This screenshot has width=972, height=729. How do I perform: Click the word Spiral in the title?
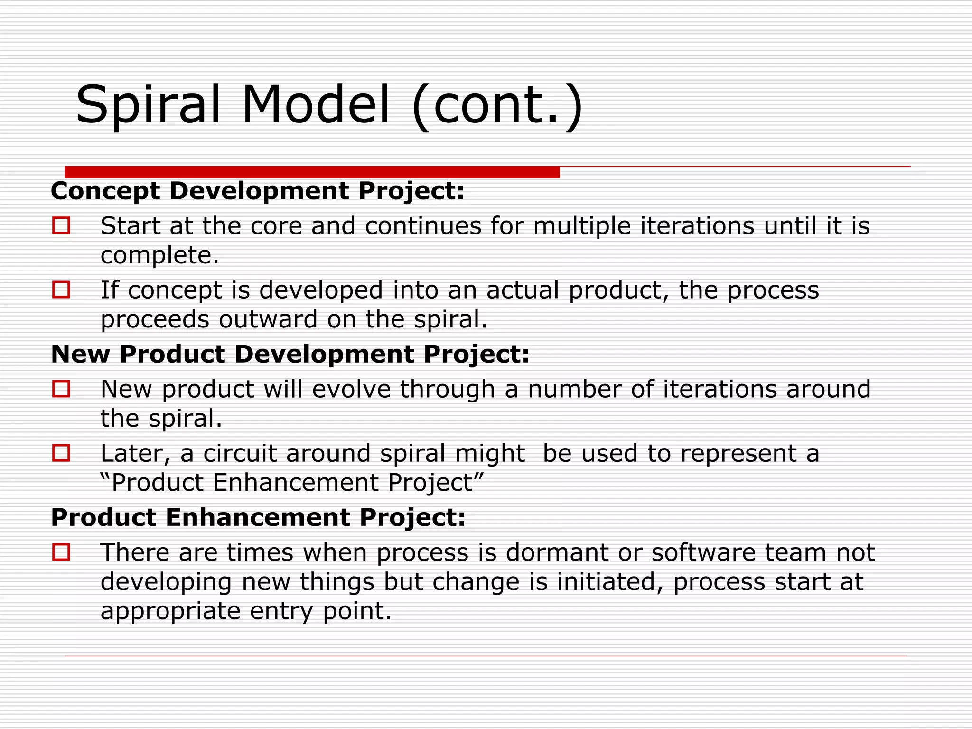pyautogui.click(x=148, y=105)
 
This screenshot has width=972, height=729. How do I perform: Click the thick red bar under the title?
pyautogui.click(x=312, y=172)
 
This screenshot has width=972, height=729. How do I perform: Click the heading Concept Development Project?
pyautogui.click(x=257, y=191)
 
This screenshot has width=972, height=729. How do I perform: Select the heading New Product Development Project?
pyautogui.click(x=290, y=355)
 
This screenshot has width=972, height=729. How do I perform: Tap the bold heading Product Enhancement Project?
pyautogui.click(x=258, y=517)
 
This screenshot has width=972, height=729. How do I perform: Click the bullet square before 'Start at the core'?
pyautogui.click(x=61, y=225)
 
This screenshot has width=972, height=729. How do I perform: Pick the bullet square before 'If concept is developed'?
pyautogui.click(x=61, y=290)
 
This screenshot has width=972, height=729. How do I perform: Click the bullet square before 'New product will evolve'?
pyautogui.click(x=61, y=389)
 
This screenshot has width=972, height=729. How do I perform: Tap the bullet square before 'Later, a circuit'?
pyautogui.click(x=61, y=453)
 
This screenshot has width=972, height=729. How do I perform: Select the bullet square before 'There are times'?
pyautogui.click(x=61, y=552)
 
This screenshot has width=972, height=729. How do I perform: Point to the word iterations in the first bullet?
pyautogui.click(x=697, y=226)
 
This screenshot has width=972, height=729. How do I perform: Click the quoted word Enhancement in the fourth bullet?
pyautogui.click(x=296, y=483)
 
